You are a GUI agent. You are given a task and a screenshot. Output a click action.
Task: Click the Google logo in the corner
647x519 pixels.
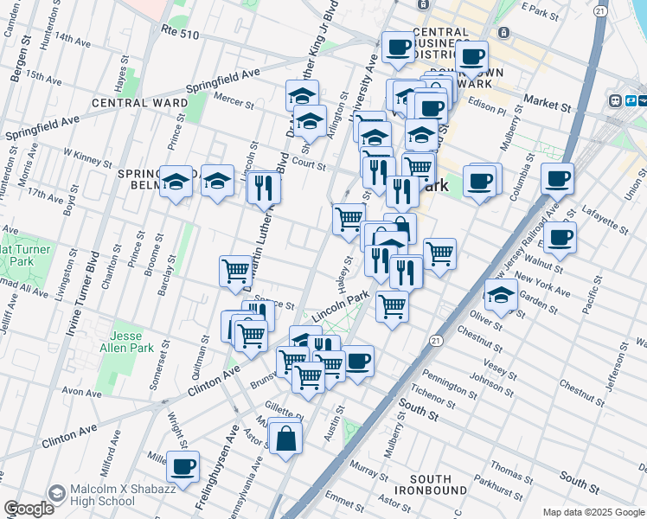click(x=29, y=509)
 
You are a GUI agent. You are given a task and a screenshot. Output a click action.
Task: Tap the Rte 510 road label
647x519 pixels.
click(x=181, y=30)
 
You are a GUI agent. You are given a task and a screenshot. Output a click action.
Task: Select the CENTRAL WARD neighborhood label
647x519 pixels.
click(x=139, y=103)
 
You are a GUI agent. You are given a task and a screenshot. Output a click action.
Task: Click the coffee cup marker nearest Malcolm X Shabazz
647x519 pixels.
click(x=183, y=466)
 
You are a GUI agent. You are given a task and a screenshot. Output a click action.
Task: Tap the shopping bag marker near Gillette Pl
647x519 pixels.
click(x=285, y=438)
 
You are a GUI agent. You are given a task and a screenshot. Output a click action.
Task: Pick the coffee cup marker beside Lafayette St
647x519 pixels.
click(x=560, y=235)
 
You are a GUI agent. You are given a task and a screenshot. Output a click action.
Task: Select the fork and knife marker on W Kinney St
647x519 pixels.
click(x=264, y=186)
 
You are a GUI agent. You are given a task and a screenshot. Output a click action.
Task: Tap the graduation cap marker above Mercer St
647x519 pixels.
click(x=303, y=95)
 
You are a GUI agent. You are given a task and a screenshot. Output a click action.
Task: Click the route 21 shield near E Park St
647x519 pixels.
click(x=599, y=10)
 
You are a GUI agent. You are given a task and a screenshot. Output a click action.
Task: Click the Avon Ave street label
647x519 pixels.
click(x=82, y=392)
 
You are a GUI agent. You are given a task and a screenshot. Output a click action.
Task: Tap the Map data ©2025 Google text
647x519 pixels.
click(x=593, y=512)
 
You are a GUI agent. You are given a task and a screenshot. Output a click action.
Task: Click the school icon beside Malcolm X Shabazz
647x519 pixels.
click(x=57, y=493)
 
